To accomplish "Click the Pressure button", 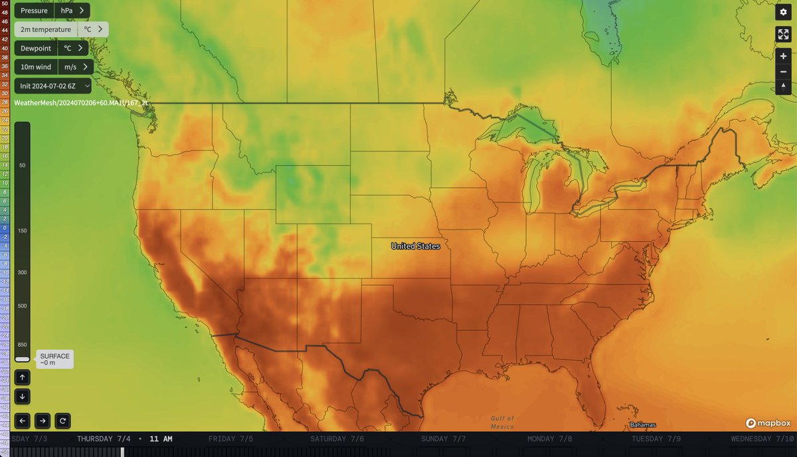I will click(34, 11).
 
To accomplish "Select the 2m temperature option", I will click(45, 29).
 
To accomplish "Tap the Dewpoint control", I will click(35, 48).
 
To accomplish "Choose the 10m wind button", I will click(36, 66).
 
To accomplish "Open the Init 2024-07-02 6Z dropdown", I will click(52, 86).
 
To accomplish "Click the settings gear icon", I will click(783, 12).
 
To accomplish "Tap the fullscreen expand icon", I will click(783, 35).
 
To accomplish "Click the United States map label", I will click(415, 246).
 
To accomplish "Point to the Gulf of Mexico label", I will click(502, 422).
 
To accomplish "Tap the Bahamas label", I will click(642, 425).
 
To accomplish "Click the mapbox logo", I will click(768, 423).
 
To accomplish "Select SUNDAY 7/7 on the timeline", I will click(443, 439).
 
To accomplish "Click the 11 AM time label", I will click(161, 439).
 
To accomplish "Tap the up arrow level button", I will click(22, 377).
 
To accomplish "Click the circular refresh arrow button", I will click(62, 420).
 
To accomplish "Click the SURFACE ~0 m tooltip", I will click(54, 359).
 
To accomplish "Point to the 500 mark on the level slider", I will click(22, 306).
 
